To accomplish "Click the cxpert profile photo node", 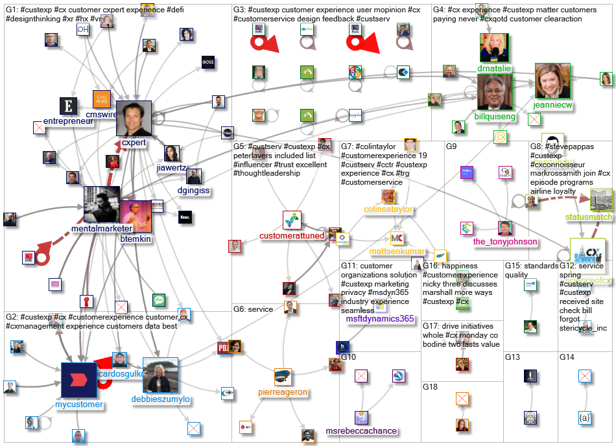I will pyautogui.click(x=134, y=118).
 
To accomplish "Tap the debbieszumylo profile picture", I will pyautogui.click(x=160, y=375).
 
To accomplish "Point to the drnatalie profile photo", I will pyautogui.click(x=494, y=47).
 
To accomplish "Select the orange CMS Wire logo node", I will pyautogui.click(x=102, y=99).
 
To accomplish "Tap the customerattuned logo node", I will pyautogui.click(x=292, y=220).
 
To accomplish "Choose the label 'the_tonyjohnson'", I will pyautogui.click(x=505, y=242).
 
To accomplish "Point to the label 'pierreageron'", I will pyautogui.click(x=282, y=392).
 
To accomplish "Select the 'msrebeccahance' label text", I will pyautogui.click(x=362, y=431).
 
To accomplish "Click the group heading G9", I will pyautogui.click(x=451, y=147).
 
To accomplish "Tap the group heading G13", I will pyautogui.click(x=512, y=357).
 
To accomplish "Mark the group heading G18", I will pyautogui.click(x=430, y=387).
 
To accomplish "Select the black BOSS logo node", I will pyautogui.click(x=208, y=62).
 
